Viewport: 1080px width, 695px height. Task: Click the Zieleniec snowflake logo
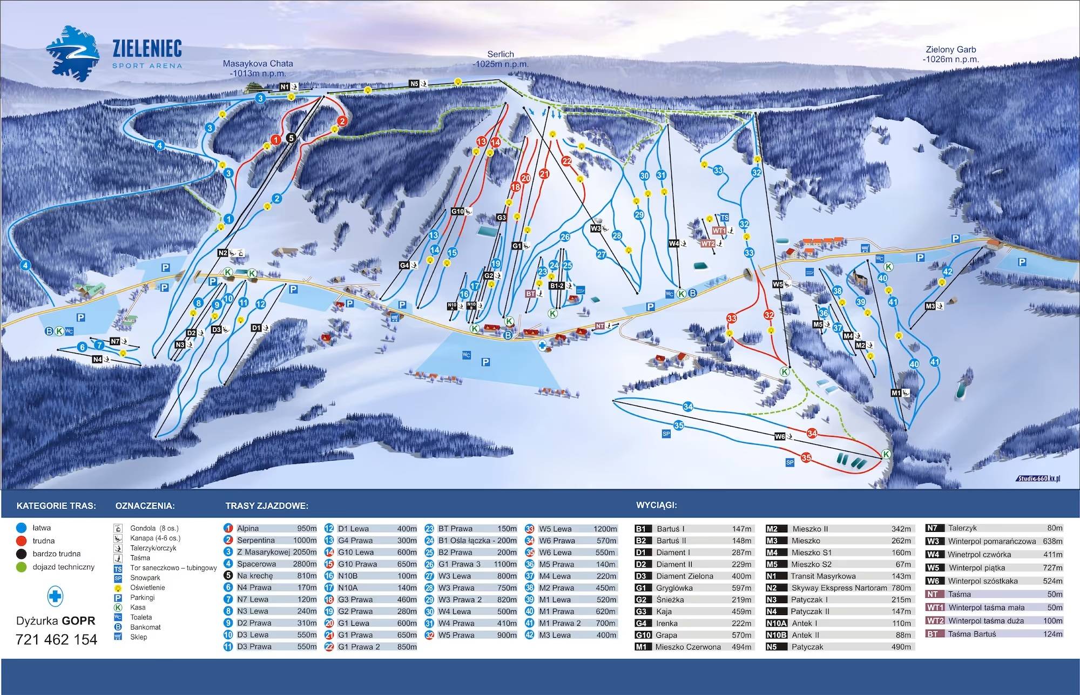pos(72,54)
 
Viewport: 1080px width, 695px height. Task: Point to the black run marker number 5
pos(291,138)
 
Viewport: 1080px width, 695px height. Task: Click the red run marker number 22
pos(566,160)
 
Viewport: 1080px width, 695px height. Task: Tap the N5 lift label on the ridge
pos(414,84)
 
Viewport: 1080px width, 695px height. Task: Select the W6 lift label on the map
pos(779,436)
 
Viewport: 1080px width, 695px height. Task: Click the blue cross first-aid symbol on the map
pos(542,345)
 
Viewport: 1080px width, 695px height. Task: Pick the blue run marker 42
pos(947,272)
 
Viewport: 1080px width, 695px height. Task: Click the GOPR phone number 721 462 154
pos(56,639)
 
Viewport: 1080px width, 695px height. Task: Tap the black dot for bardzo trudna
pos(22,554)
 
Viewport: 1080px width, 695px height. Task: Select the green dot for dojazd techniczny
pos(22,567)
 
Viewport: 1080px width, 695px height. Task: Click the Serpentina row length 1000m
pos(306,540)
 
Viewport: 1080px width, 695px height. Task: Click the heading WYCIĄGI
pos(656,505)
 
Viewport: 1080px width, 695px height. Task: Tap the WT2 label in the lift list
pos(935,620)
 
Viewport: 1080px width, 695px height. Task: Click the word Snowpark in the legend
pos(145,577)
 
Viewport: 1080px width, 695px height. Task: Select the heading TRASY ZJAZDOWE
pos(267,506)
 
